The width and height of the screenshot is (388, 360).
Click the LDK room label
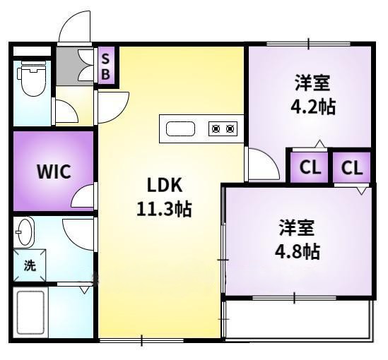(x=165, y=186)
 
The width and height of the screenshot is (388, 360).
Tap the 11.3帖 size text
(x=165, y=210)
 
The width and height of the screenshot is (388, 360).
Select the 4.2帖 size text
(x=313, y=107)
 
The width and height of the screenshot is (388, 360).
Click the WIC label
(x=54, y=172)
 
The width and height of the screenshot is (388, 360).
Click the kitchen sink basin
(x=180, y=128)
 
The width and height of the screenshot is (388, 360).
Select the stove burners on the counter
(x=222, y=128)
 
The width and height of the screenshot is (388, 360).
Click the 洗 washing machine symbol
(x=29, y=266)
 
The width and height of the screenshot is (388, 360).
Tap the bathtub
(x=30, y=312)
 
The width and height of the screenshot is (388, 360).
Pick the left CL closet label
(x=308, y=168)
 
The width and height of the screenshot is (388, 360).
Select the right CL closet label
(x=352, y=168)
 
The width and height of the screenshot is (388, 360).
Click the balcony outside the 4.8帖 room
(x=297, y=320)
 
